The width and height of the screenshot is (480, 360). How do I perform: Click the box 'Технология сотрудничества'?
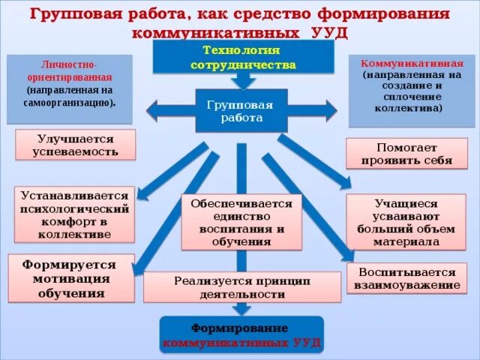pyautogui.click(x=243, y=57)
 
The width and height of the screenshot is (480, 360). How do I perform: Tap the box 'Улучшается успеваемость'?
pyautogui.click(x=75, y=145)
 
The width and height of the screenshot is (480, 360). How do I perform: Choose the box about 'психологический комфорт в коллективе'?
pyautogui.click(x=74, y=214)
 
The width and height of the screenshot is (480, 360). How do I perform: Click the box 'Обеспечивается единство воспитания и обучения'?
pyautogui.click(x=241, y=221)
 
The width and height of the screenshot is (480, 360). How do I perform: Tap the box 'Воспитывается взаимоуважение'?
pyautogui.click(x=406, y=278)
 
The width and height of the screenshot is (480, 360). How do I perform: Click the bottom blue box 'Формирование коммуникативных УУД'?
pyautogui.click(x=240, y=334)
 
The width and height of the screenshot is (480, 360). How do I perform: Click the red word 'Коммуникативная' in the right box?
pyautogui.click(x=406, y=64)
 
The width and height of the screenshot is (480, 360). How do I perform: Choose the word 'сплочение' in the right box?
pyautogui.click(x=406, y=97)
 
